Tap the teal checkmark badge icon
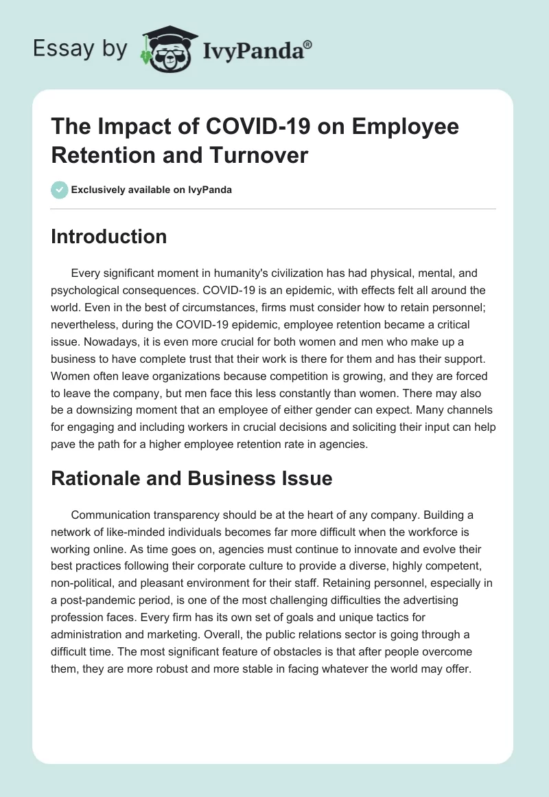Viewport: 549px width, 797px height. pyautogui.click(x=60, y=190)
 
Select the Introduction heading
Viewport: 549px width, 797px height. pyautogui.click(x=108, y=236)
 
